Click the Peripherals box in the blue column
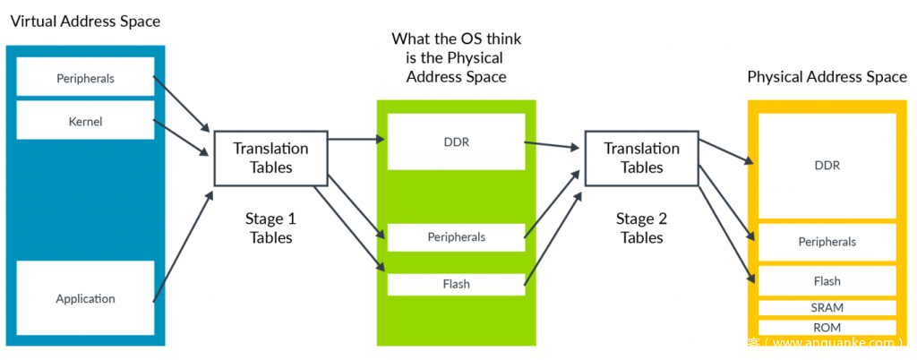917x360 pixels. click(x=85, y=78)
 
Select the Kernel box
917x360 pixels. click(x=85, y=120)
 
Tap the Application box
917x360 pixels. click(x=85, y=298)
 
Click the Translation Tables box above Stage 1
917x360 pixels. click(x=270, y=158)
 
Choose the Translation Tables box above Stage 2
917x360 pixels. click(x=641, y=158)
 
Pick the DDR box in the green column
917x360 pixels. click(x=456, y=141)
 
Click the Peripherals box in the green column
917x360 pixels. click(x=456, y=237)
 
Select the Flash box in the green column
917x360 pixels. click(x=456, y=284)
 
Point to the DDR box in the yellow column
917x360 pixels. click(x=827, y=166)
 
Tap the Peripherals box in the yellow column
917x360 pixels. click(x=827, y=242)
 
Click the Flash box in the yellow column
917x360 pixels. click(x=827, y=281)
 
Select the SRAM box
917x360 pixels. click(x=827, y=307)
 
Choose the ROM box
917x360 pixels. click(x=827, y=328)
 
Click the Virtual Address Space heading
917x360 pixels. click(x=85, y=20)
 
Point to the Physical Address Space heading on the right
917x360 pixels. click(x=827, y=77)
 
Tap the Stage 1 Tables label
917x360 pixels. click(x=270, y=227)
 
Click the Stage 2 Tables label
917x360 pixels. click(x=641, y=227)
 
